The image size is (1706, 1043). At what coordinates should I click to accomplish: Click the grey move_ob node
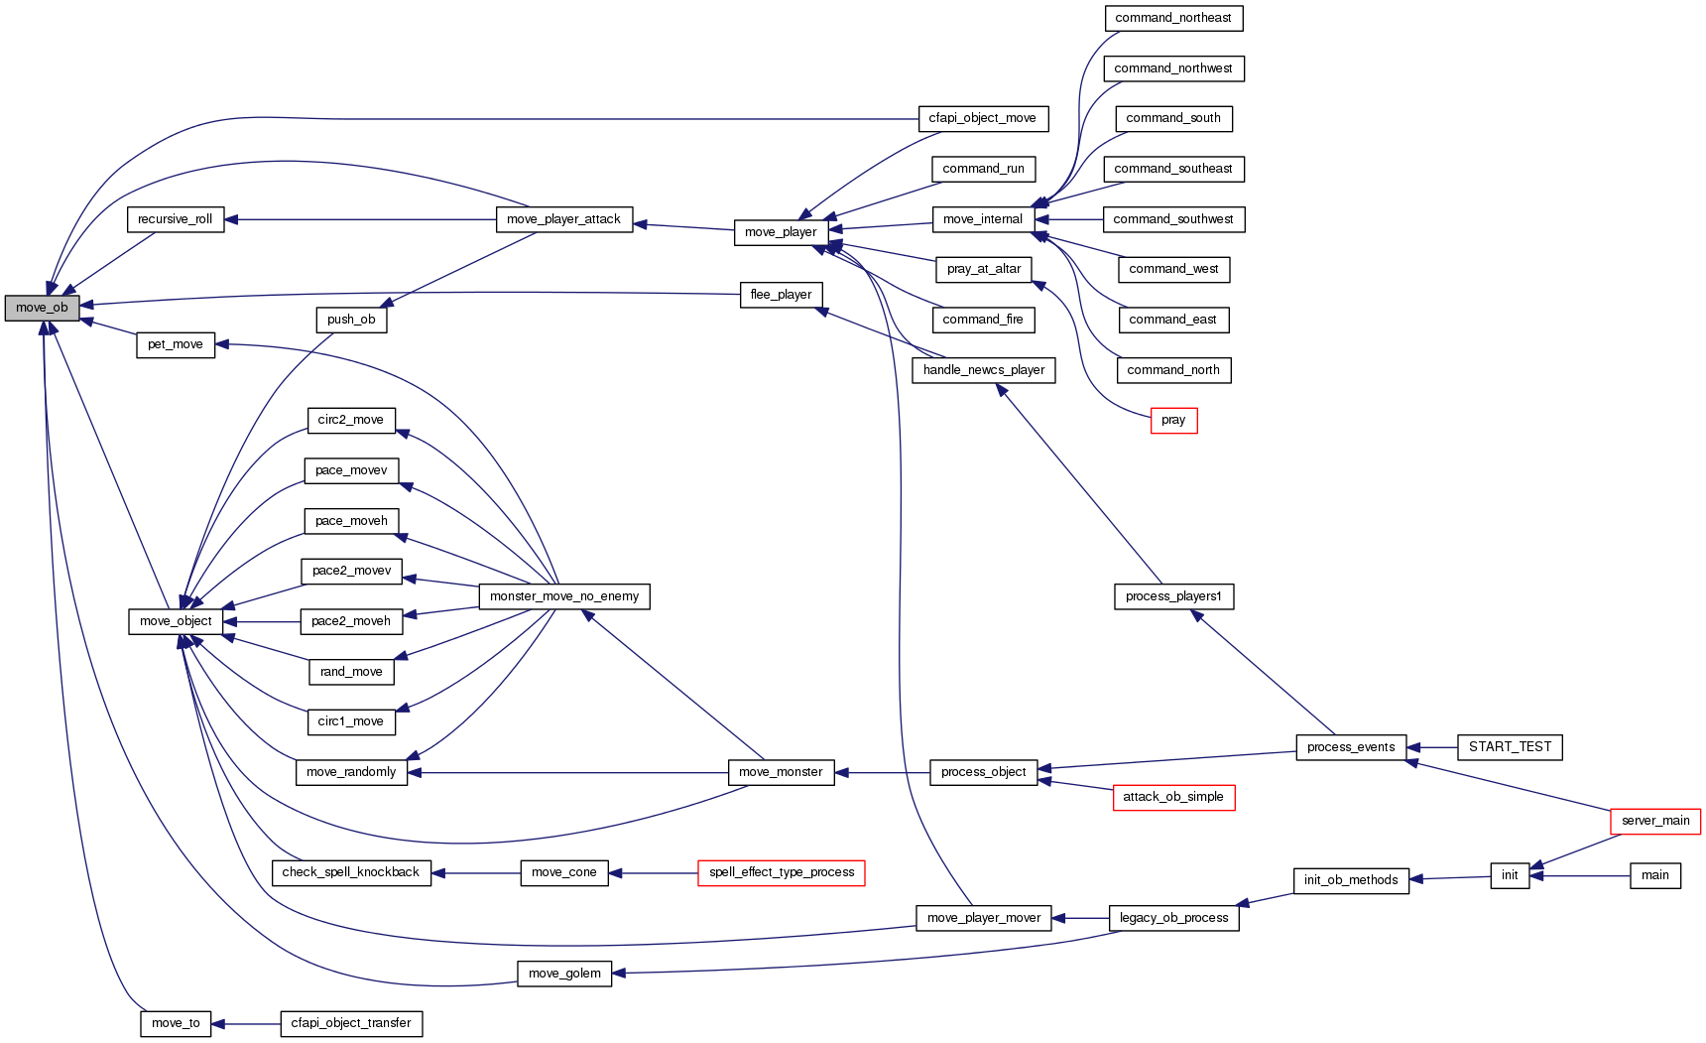42,308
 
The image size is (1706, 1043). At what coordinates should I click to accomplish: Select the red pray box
1173,421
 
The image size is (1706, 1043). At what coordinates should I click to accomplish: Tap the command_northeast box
1172,18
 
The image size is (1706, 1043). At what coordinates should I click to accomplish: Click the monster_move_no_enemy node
564,596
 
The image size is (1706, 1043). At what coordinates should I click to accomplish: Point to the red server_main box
1654,821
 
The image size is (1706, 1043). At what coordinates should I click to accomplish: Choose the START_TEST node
1510,747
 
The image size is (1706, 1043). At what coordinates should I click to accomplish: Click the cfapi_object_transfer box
351,1023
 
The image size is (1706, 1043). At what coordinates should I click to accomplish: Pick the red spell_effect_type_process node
782,872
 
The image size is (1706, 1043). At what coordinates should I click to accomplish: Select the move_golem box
564,974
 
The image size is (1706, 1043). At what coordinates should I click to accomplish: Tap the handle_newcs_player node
984,370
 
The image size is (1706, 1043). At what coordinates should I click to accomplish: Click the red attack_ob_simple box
1173,797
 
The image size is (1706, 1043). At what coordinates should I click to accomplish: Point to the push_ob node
351,320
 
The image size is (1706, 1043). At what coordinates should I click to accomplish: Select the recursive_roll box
176,219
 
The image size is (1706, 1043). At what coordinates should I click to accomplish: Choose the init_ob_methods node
1351,880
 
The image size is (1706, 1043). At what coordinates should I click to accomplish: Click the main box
1654,875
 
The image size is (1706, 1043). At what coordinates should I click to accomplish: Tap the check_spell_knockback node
351,872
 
